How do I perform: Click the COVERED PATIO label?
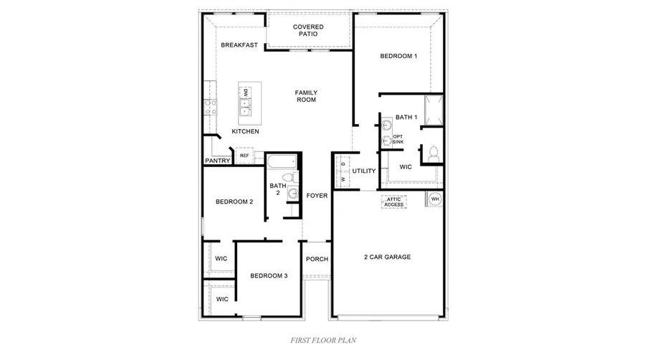pos(309,30)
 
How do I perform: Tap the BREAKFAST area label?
pos(239,45)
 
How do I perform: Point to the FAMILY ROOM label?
pos(307,96)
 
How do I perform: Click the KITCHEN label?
pos(245,132)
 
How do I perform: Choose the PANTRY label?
pos(217,161)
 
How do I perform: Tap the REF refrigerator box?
pos(244,156)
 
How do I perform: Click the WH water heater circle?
pos(435,199)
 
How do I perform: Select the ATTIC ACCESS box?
pos(394,202)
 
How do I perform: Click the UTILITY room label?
pos(364,171)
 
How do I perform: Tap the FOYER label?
pos(317,196)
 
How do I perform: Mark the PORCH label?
pos(317,259)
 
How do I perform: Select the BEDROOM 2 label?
pos(234,202)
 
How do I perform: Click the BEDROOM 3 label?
pos(269,275)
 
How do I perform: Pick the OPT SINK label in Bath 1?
pos(398,139)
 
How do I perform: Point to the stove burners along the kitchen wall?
pos(211,108)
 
